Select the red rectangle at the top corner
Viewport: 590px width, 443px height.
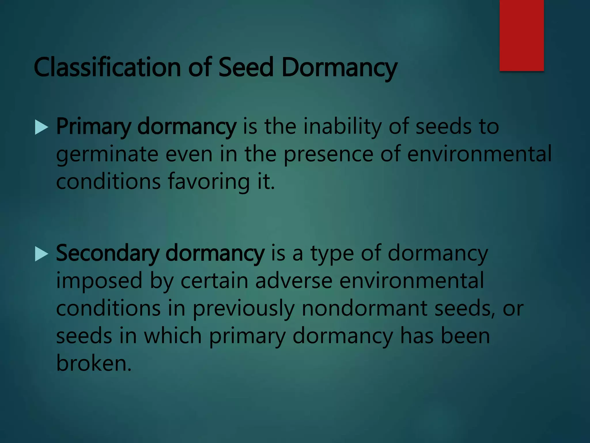[521, 35]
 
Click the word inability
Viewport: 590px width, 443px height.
[343, 127]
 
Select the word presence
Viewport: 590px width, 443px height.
[329, 155]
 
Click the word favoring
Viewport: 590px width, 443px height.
[209, 182]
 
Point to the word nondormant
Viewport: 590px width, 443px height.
[365, 308]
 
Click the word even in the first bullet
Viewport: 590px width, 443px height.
[189, 155]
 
